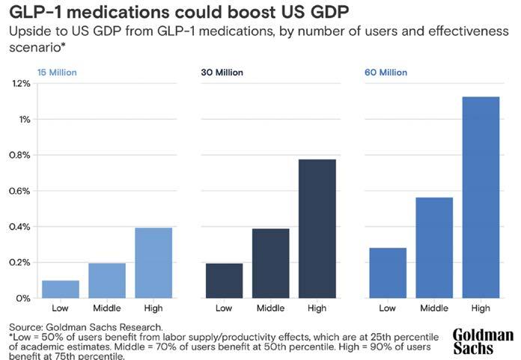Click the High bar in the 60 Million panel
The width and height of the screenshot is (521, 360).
pos(481,198)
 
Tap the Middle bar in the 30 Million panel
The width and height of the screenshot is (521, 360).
pos(271,263)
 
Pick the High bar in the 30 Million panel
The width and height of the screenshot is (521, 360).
pos(317,228)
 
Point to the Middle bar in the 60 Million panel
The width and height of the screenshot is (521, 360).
pos(434,247)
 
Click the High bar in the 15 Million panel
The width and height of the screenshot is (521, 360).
pos(153,263)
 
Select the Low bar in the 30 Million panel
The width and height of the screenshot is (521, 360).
pos(224,281)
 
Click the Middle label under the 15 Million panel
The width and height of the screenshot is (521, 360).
pos(107,308)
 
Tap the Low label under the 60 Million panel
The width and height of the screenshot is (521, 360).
pos(388,308)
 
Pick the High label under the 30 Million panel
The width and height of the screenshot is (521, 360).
pos(317,308)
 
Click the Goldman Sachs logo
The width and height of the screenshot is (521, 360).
pos(484,341)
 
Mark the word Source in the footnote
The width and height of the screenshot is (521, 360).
pos(24,327)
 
